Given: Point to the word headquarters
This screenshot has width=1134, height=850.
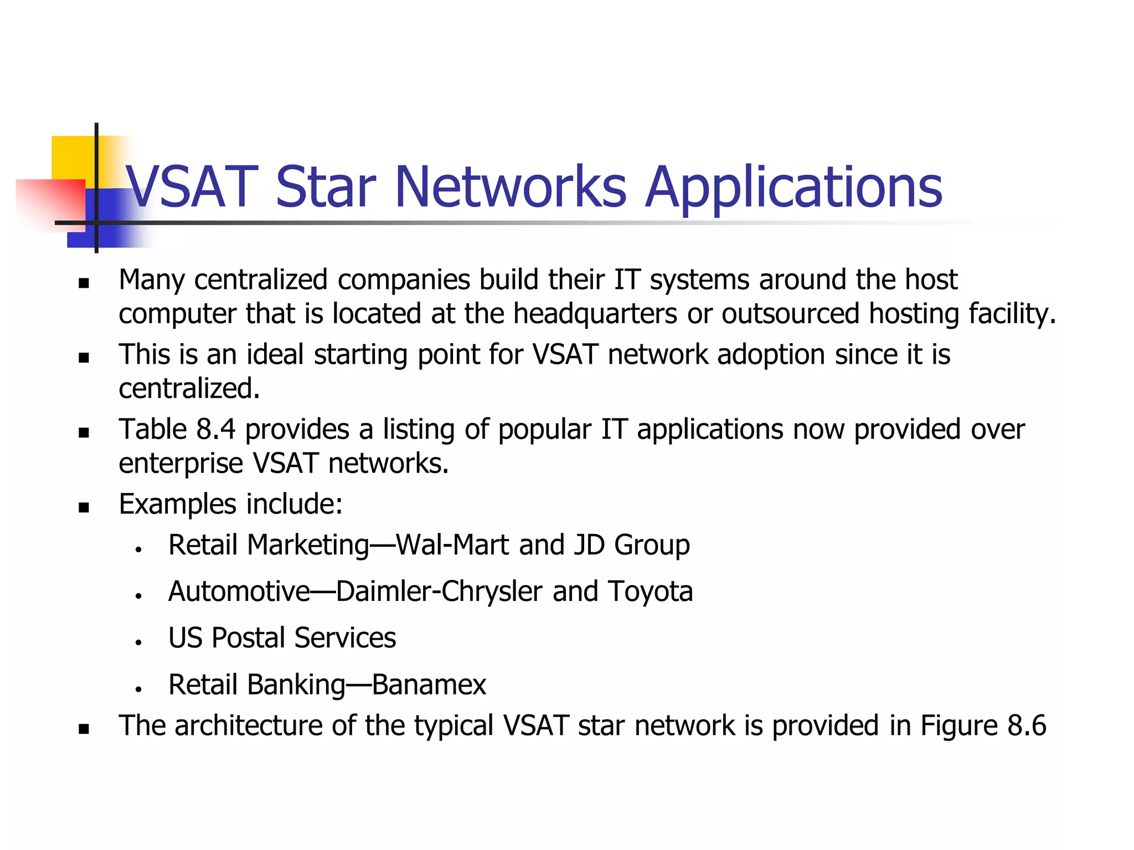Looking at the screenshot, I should point(595,314).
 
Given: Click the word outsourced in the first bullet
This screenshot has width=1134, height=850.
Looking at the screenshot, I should point(790,314).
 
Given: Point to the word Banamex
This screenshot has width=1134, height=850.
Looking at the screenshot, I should point(429,685).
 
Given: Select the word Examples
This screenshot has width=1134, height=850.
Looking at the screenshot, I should point(178,505).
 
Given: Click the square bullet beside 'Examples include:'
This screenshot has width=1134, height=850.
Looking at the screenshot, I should point(84,507).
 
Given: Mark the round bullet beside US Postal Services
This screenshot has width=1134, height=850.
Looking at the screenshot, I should point(138,642).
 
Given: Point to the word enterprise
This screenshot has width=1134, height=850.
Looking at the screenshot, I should point(181,464).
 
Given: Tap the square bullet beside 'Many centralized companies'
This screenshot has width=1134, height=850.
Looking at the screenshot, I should point(84,283).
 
